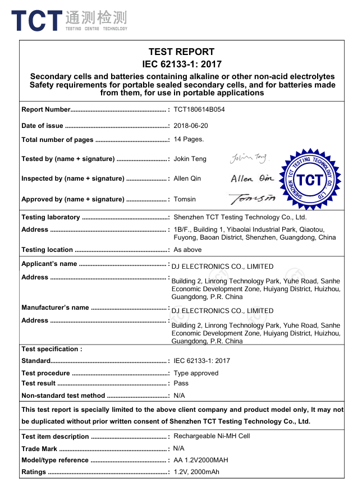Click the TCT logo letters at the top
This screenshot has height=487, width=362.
coord(36,21)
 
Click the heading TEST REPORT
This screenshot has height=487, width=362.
coord(181,52)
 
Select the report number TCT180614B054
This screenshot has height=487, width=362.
coord(199,109)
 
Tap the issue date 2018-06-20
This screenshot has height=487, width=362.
coord(190,126)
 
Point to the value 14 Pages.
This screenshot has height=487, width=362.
coord(189,139)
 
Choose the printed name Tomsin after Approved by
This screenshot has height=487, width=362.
coord(185,199)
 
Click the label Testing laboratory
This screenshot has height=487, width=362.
coord(51,217)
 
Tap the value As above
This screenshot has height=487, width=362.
coord(187,250)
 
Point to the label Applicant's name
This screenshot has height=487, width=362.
coord(49,264)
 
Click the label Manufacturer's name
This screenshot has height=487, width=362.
coord(55,307)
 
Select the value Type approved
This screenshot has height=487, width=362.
coord(196,373)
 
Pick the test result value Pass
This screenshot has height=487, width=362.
coord(181,383)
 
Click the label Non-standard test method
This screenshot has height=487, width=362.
coord(63,396)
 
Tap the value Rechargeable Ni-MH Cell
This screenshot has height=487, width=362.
coord(212,436)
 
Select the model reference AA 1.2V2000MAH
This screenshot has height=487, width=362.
coord(200,460)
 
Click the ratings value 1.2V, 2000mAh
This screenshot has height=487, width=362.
coord(196,472)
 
